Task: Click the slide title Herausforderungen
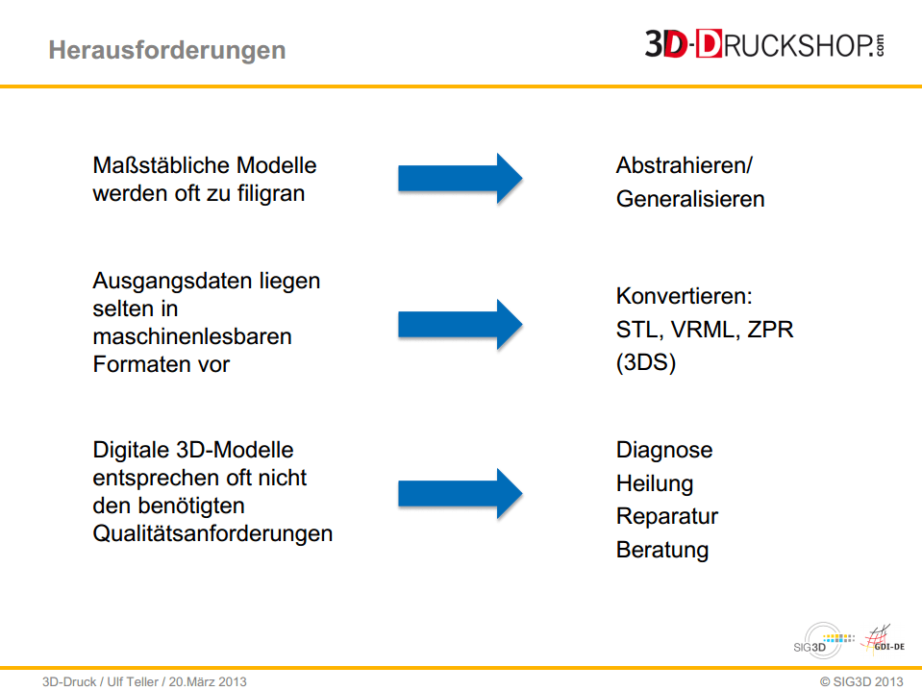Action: [167, 51]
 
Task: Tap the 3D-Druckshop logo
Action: [764, 44]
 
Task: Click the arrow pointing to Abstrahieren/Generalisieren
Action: [460, 179]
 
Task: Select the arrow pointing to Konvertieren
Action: [460, 324]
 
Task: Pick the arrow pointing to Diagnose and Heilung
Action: [460, 494]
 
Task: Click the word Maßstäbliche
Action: [162, 165]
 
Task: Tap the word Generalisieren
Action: [690, 199]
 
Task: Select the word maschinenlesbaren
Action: [192, 336]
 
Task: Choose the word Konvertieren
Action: [684, 296]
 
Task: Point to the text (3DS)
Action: [646, 362]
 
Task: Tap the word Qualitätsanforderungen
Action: [212, 533]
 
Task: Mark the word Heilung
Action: [655, 483]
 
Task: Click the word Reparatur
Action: [667, 516]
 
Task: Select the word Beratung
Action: [662, 550]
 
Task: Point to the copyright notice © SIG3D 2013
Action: [861, 681]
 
